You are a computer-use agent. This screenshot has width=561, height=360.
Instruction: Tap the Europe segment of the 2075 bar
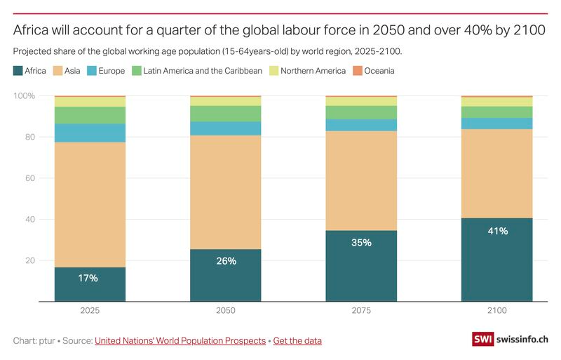[361, 125]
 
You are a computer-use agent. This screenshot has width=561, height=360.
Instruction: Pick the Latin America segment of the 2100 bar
[496, 112]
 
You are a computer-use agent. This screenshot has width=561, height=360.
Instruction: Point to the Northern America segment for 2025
[90, 102]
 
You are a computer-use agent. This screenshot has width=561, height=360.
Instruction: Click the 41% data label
[496, 231]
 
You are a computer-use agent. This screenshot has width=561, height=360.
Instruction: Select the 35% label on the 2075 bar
[361, 243]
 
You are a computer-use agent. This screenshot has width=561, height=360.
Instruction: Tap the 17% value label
[88, 278]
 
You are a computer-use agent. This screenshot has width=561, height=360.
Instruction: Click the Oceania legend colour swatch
[357, 70]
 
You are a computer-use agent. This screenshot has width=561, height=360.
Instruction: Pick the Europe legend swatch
[91, 70]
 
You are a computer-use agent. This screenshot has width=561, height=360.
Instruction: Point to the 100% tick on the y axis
[25, 95]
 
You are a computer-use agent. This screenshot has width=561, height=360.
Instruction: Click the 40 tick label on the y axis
[29, 220]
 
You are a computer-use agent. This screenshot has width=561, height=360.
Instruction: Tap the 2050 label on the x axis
[226, 310]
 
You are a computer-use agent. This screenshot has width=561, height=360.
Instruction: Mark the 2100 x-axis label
[496, 310]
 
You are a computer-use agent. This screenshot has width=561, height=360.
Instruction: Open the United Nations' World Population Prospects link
[180, 340]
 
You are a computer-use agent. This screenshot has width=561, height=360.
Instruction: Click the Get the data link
[297, 340]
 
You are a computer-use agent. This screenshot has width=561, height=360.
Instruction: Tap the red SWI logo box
[482, 340]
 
